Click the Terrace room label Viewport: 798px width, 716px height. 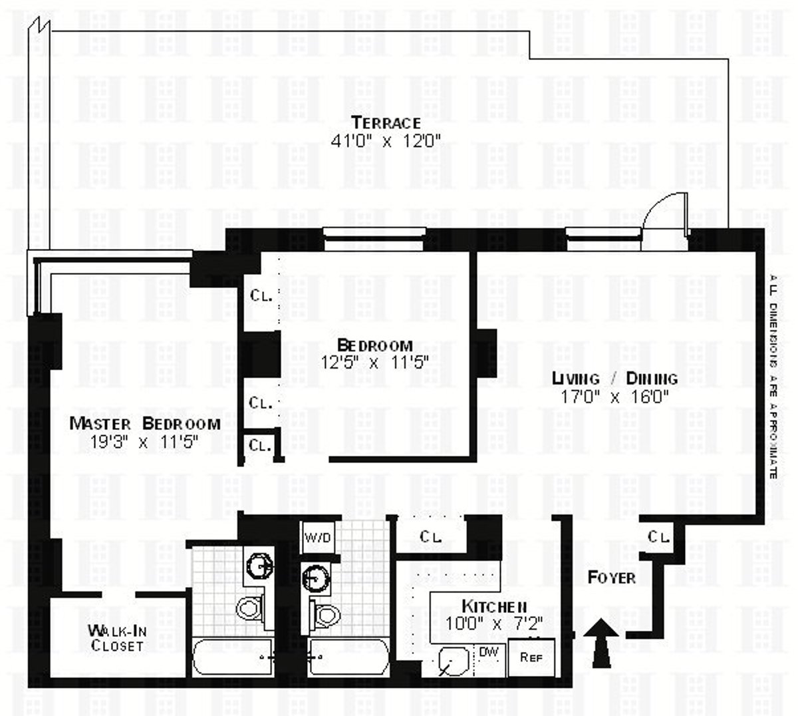point(386,123)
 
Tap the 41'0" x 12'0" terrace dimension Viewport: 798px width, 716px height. point(386,140)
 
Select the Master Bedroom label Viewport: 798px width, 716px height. point(145,424)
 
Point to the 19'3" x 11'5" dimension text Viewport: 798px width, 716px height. point(145,442)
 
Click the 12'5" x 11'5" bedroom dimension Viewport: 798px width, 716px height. point(374,363)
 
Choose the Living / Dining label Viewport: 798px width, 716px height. point(615,379)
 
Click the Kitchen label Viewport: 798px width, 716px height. point(495,606)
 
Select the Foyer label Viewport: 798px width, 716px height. point(611,577)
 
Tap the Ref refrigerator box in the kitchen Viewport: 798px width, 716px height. point(530,657)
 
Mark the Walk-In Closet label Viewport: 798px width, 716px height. point(117,637)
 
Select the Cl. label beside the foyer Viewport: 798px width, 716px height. point(658,536)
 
